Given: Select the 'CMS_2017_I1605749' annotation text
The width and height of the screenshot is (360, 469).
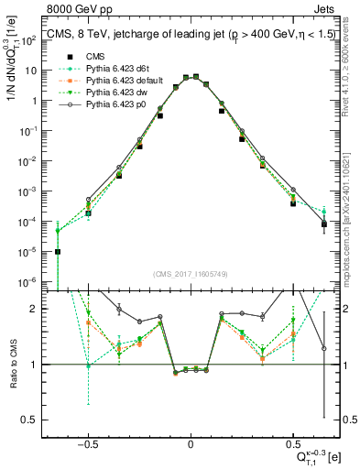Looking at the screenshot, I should (190, 274).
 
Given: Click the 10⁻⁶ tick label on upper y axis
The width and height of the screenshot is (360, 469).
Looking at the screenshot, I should (34, 281).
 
